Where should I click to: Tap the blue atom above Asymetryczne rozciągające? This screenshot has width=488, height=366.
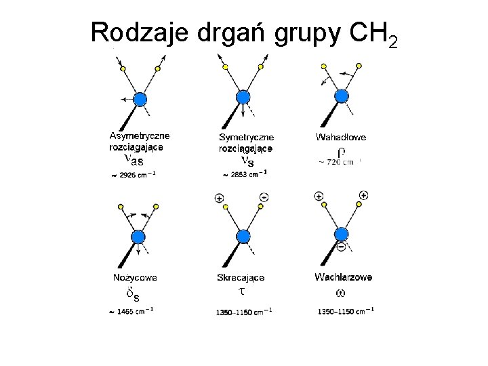click(x=140, y=100)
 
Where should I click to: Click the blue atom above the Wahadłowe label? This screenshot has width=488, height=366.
click(x=342, y=96)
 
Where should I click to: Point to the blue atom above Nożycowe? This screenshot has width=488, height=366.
click(x=138, y=237)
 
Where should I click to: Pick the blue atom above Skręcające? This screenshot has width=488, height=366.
click(x=242, y=236)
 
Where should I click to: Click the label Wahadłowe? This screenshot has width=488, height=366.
click(x=341, y=137)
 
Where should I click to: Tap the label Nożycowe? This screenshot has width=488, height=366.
click(x=134, y=277)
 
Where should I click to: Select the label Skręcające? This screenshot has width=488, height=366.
click(x=241, y=277)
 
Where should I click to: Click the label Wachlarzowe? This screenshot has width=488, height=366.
click(x=343, y=277)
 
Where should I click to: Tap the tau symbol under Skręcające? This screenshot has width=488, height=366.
click(x=241, y=291)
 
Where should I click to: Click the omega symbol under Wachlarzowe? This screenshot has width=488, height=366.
click(x=340, y=293)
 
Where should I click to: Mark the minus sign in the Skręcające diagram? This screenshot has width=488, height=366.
click(x=263, y=197)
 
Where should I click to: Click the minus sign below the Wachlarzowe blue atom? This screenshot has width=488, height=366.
click(x=341, y=247)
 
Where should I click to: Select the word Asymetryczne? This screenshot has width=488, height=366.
click(x=140, y=136)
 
